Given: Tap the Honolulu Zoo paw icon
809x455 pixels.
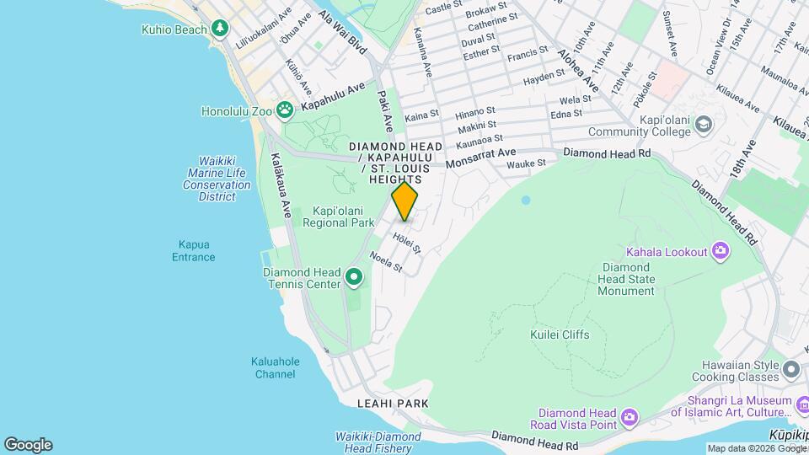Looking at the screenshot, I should pos(286,109).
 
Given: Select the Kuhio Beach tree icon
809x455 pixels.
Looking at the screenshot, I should pos(220,28).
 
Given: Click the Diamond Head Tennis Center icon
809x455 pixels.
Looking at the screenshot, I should pos(354,276).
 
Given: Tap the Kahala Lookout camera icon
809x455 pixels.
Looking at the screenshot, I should pos(721,249).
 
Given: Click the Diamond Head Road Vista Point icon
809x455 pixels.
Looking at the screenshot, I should pos(629,417).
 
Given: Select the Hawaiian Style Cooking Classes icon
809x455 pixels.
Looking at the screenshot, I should pos(790,370).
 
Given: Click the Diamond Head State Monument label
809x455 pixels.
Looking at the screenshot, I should pos(626,279).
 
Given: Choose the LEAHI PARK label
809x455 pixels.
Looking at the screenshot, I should pos(393,404).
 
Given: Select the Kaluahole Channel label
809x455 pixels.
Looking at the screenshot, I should pos(276,367).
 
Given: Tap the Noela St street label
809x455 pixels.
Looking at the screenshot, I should pos(386,264).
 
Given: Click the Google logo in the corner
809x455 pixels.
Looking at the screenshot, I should pos(28,445).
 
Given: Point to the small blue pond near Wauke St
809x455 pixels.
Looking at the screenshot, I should pos(526,201).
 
